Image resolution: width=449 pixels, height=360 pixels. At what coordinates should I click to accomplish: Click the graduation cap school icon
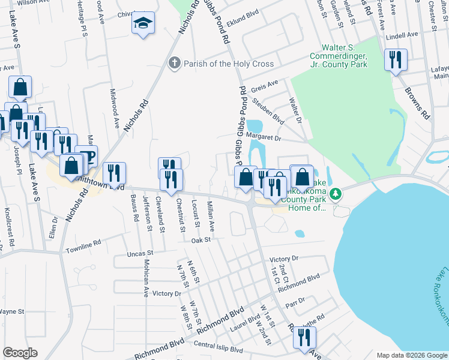coord(143,24)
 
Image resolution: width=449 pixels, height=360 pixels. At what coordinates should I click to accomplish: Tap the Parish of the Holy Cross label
coord(229,64)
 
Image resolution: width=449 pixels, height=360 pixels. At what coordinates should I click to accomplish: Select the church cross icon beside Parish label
coord(174,63)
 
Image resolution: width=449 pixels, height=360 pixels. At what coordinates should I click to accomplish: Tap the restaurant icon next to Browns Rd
coord(395,59)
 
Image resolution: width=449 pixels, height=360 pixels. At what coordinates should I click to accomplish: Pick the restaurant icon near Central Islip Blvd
coord(304,337)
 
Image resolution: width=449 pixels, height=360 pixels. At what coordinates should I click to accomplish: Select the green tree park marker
coord(337,193)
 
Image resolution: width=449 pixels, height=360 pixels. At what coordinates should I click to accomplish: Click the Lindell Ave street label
coord(402,35)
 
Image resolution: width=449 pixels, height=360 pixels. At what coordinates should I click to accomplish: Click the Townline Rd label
coord(83,247)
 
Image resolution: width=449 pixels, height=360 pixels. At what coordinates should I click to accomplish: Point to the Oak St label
coord(200,239)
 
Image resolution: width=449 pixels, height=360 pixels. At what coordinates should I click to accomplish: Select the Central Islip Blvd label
coord(218,348)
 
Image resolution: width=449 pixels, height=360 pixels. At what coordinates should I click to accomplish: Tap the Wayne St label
coord(11,311)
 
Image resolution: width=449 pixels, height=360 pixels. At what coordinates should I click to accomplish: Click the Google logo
coord(20,353)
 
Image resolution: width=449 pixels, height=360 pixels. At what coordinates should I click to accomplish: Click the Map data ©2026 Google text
coord(411,355)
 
